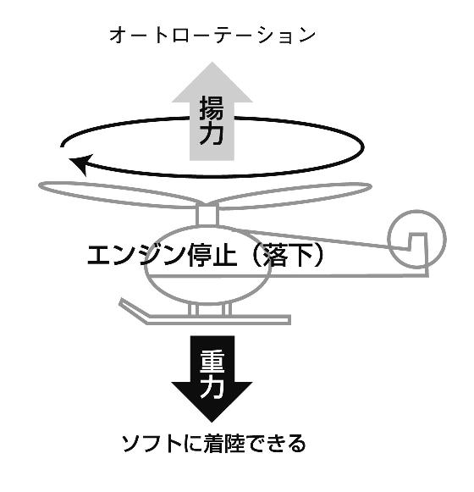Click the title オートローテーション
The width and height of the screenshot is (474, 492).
point(212,36)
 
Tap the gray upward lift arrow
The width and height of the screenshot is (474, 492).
point(212,112)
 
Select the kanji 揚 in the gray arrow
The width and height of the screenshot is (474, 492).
point(212,108)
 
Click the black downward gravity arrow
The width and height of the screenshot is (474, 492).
point(212,378)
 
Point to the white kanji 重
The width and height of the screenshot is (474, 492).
point(212,361)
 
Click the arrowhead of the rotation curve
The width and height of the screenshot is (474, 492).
point(81,163)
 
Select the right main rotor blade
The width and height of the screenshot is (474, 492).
point(295,195)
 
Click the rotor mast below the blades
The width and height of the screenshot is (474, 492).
point(207,215)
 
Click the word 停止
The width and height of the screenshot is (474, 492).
point(212,255)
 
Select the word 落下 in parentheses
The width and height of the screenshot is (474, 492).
point(288,255)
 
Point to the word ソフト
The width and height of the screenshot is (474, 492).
point(152,444)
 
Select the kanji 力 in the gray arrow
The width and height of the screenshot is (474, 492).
point(212,134)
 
